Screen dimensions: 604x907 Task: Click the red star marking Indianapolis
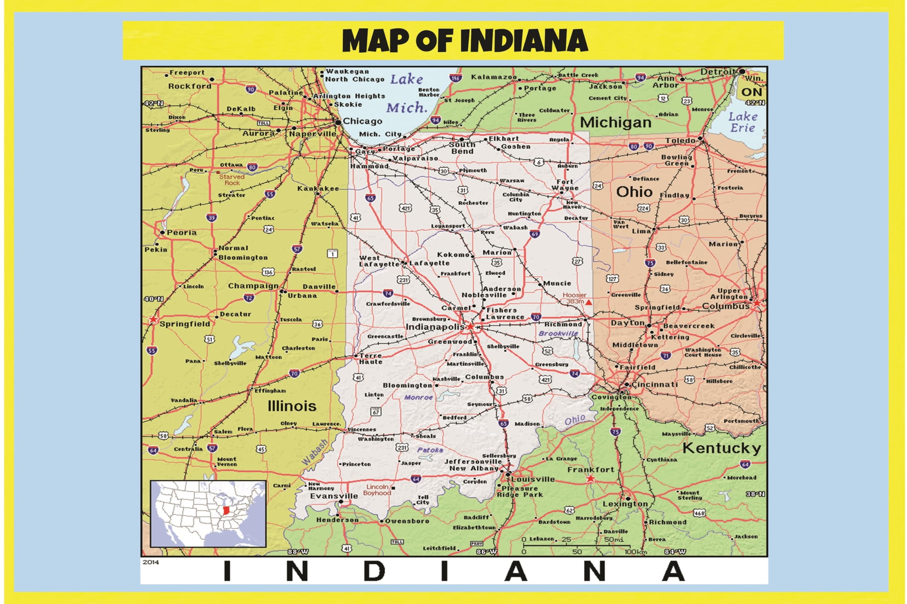coord(471,327)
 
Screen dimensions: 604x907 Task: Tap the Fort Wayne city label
coord(565,185)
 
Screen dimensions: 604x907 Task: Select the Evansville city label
coord(334,496)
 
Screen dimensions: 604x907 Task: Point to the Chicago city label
coord(362,121)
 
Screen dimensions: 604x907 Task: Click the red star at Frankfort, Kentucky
coord(590,479)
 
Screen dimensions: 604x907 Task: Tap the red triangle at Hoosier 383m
coord(589,303)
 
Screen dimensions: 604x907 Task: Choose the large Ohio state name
coord(634,192)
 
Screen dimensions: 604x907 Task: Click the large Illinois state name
coord(292,406)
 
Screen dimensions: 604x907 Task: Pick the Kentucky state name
coord(722,448)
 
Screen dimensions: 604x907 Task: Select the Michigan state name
coord(616,122)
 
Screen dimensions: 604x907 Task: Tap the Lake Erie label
coord(743,122)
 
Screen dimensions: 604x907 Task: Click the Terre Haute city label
coord(371,359)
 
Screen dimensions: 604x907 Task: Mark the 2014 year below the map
coord(151,562)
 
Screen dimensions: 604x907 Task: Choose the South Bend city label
coord(462,148)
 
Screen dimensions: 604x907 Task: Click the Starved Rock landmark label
coord(232,180)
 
